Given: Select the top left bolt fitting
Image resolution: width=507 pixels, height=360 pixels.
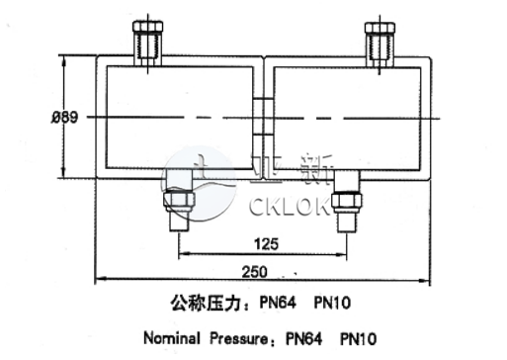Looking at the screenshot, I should (x=146, y=42).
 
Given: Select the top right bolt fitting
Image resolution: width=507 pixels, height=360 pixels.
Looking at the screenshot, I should (x=380, y=42).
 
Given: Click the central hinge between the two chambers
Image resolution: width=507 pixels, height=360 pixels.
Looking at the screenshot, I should (x=263, y=117).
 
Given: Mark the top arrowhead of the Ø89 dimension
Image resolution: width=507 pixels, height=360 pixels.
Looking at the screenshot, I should (x=65, y=60).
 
